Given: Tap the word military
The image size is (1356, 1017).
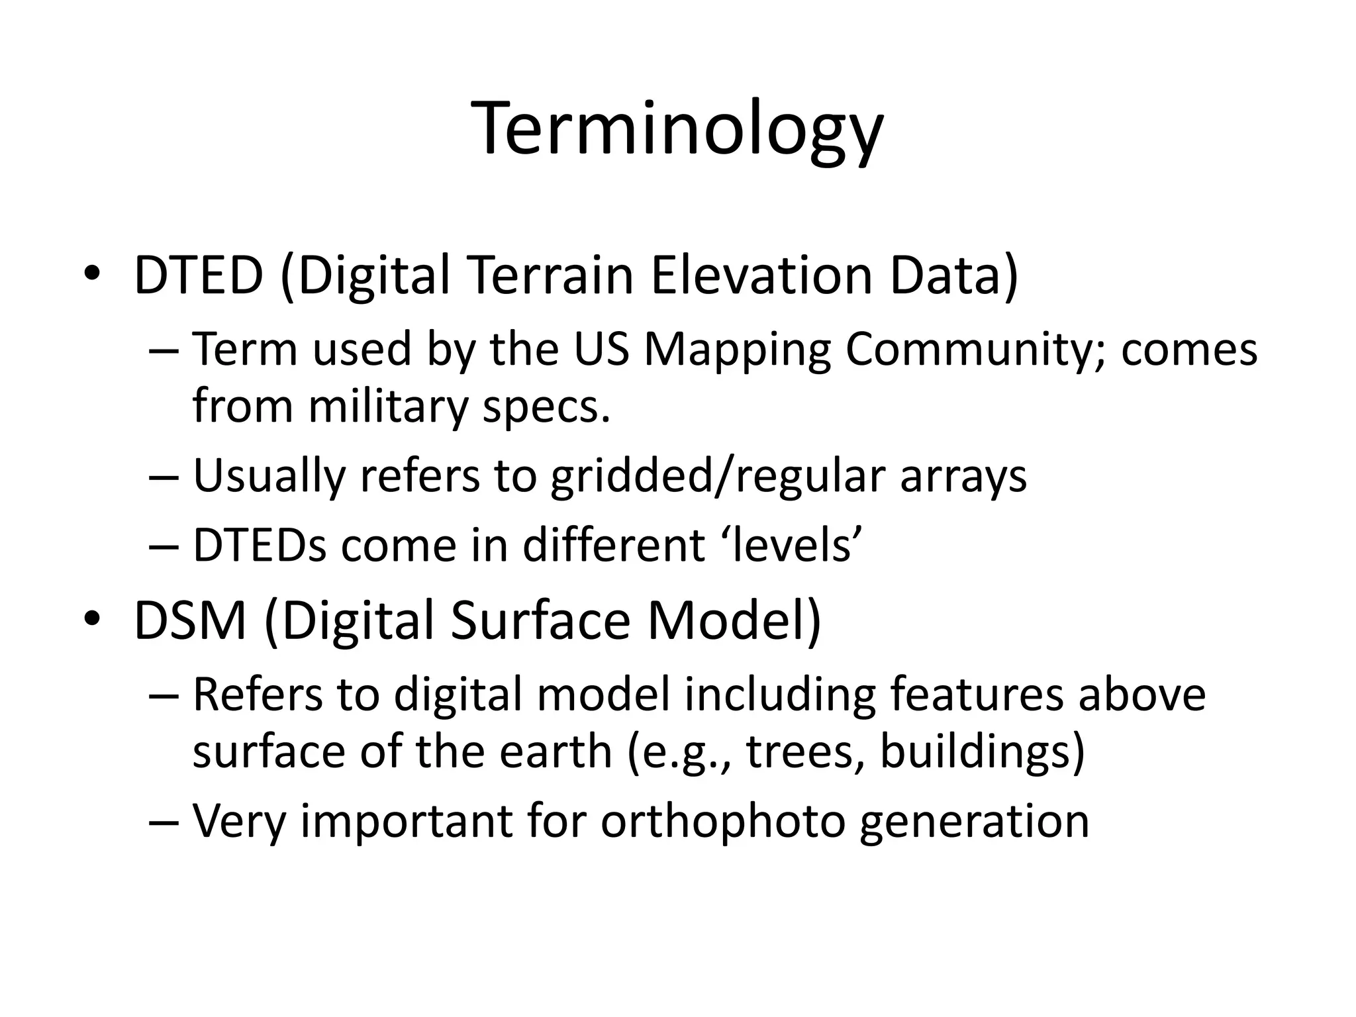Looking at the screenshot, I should click(x=389, y=406).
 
